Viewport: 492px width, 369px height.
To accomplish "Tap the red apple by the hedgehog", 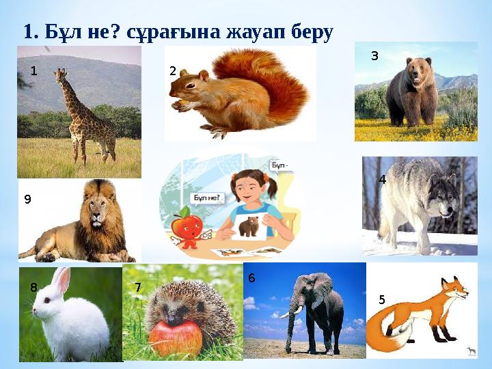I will (176, 337).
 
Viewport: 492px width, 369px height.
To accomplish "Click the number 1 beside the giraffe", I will (33, 71).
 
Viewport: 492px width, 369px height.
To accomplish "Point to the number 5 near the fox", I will (381, 299).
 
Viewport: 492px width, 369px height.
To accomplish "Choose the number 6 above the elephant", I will (251, 278).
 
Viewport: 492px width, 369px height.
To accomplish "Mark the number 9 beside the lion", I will (27, 200).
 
